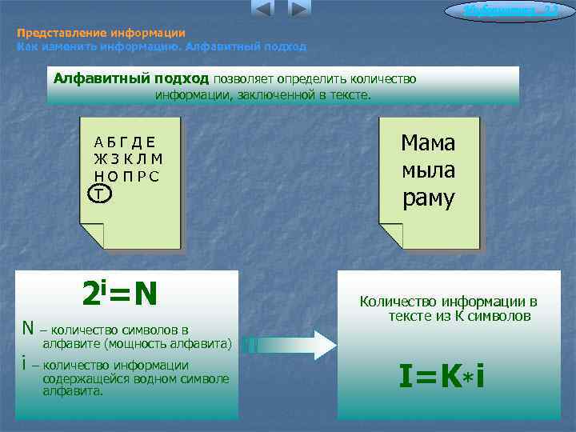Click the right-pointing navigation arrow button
[298, 10]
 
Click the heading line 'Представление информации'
[101, 34]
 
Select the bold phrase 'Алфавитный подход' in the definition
[130, 78]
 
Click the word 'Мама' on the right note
[428, 143]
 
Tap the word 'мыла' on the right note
[428, 170]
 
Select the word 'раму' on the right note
[428, 198]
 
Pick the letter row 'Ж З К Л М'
[128, 159]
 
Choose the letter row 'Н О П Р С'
[126, 176]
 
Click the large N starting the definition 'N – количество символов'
[27, 328]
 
